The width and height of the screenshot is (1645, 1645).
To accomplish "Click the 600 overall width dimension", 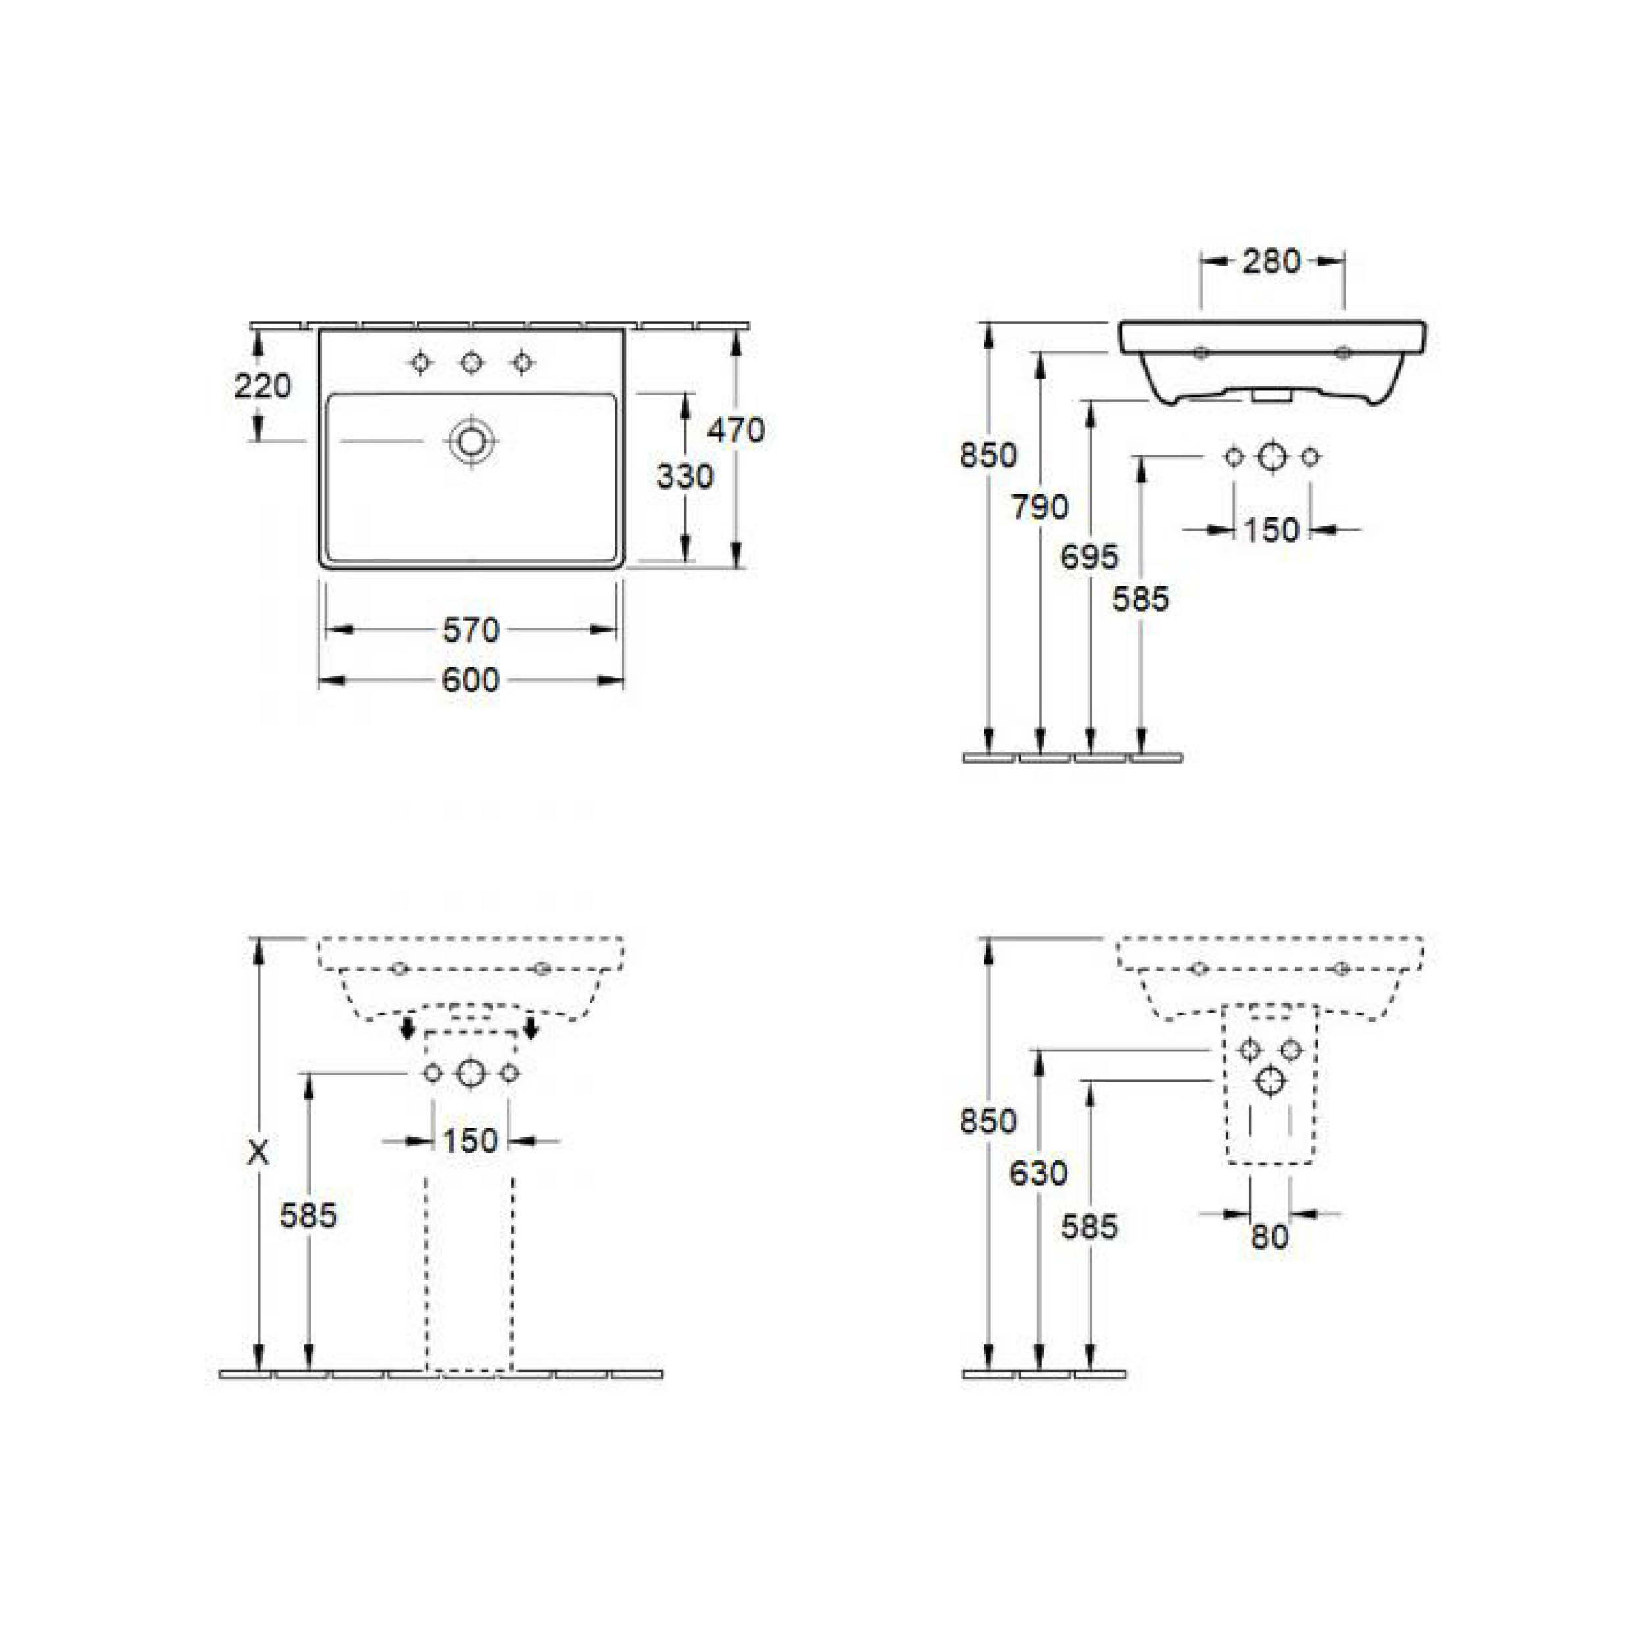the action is [x=471, y=680].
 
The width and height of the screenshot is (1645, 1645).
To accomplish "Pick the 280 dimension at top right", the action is [x=1271, y=261].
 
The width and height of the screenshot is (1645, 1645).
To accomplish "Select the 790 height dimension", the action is [x=1040, y=507].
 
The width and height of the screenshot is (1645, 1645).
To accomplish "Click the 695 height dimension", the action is [x=1090, y=557].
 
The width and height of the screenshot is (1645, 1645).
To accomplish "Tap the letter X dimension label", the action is [x=257, y=1153].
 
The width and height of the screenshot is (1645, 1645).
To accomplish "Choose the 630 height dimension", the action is [x=1039, y=1173].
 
